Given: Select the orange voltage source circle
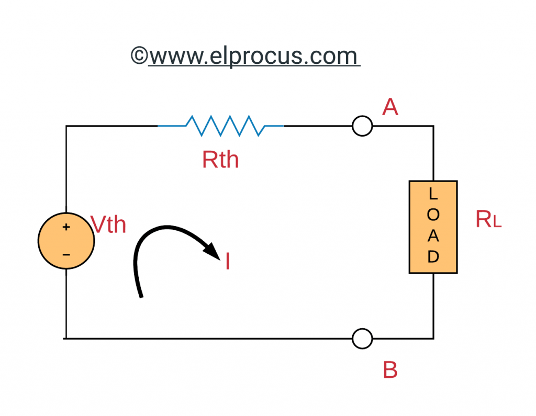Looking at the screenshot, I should click(66, 241).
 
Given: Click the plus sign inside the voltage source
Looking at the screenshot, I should click(66, 228).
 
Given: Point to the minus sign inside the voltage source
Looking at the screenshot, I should click(66, 255).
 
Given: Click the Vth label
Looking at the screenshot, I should click(108, 224).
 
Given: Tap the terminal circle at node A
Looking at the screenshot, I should click(362, 126).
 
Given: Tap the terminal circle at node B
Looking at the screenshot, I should click(362, 339).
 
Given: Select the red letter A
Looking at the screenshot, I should click(390, 107).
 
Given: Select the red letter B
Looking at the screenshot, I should click(390, 370).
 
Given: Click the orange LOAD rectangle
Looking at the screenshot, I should click(433, 227).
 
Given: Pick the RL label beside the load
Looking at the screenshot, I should click(488, 220).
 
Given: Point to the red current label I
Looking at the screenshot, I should click(228, 262).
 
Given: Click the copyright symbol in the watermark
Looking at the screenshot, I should click(139, 55).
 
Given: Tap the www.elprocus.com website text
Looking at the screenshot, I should click(254, 55).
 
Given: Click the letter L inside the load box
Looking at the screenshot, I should click(433, 194).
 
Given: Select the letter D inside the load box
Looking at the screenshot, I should click(433, 257).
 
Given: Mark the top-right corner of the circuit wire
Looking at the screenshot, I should click(433, 126).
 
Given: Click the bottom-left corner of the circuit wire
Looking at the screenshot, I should click(66, 339).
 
